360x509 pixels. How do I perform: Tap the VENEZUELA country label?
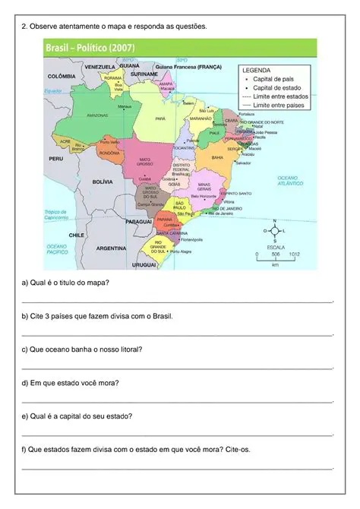point(99,67)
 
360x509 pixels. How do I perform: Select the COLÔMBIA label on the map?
point(62,77)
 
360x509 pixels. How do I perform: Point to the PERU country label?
point(55,159)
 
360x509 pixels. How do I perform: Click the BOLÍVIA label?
point(103,182)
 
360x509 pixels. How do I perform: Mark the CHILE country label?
point(76,235)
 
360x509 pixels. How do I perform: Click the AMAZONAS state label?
point(98,115)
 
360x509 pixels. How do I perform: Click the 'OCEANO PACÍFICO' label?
point(58,249)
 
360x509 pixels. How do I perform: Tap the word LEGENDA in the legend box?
point(256,69)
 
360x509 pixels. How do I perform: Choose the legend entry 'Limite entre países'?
point(277,106)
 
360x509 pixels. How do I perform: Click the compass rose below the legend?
point(274,230)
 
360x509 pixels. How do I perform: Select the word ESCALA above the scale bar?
point(275,247)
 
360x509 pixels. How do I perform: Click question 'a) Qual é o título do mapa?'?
point(65,283)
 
